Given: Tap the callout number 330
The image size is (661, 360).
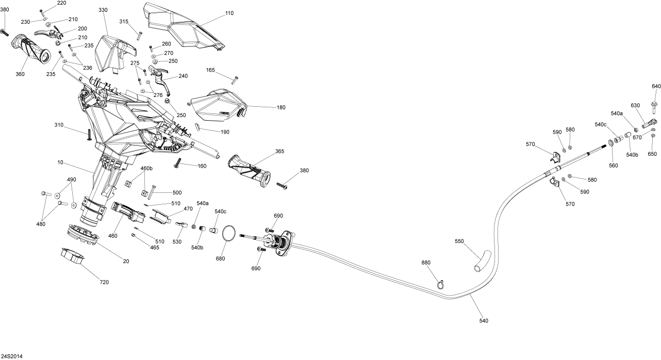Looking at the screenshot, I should coord(103,10).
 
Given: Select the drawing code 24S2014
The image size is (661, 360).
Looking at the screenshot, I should coord(11,356).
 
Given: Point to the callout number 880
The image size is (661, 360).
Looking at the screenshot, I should coord(425,263).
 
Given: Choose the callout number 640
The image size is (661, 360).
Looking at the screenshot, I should coord(656,86).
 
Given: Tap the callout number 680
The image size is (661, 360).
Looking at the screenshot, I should coord(221,258).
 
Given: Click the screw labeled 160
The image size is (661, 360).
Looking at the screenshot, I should coord(178,163).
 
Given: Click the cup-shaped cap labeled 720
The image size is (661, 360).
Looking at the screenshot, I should coord(73,256).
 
